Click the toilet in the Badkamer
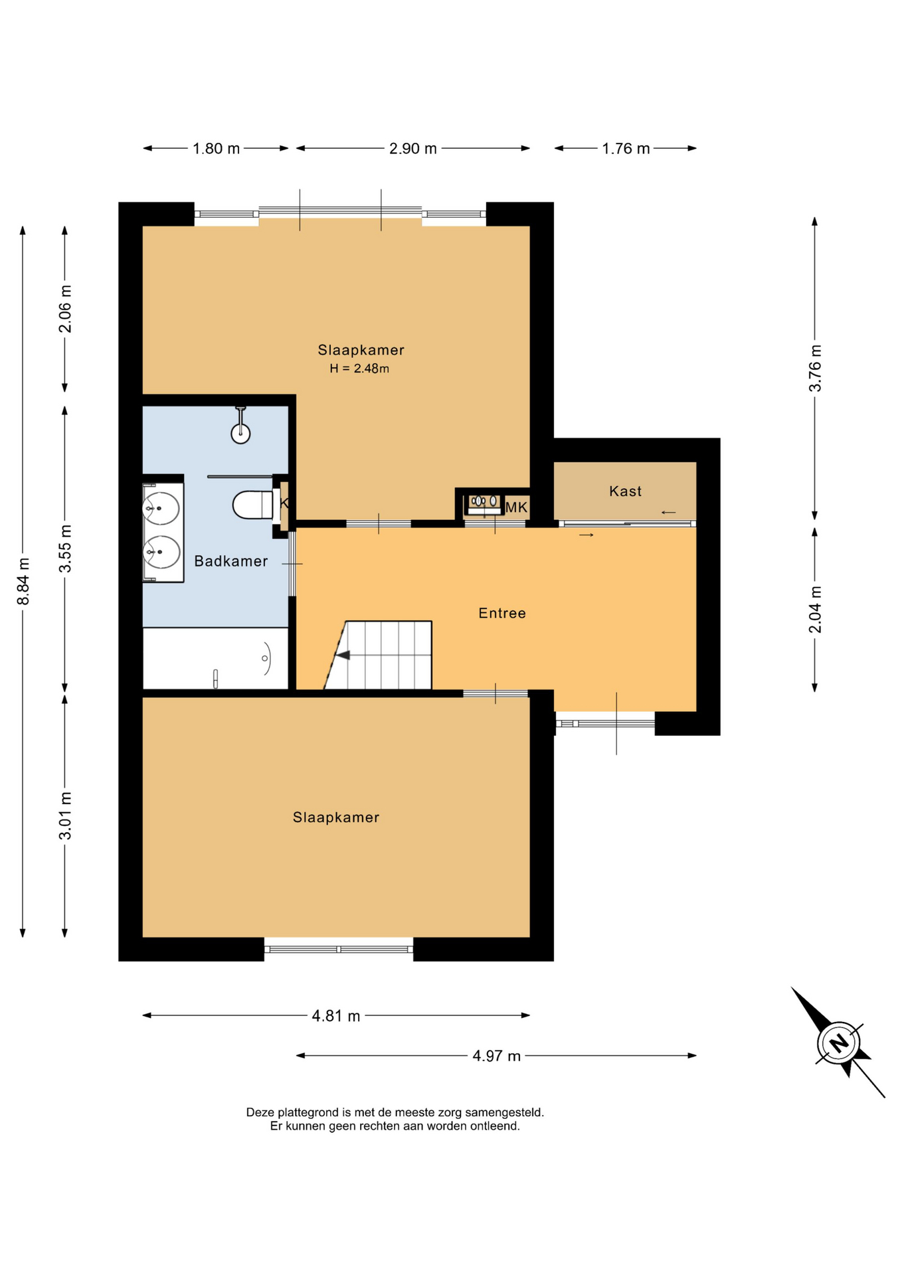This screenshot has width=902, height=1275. pyautogui.click(x=252, y=505)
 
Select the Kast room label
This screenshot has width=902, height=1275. pyautogui.click(x=625, y=491)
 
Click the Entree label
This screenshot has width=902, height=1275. pyautogui.click(x=502, y=613)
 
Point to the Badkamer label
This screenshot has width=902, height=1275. pyautogui.click(x=231, y=561)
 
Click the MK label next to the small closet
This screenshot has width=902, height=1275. pyautogui.click(x=516, y=507)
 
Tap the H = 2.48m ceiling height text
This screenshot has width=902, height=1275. pyautogui.click(x=359, y=369)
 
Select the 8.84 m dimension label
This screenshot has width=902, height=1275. pyautogui.click(x=23, y=582)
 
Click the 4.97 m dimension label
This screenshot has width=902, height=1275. pyautogui.click(x=496, y=1055)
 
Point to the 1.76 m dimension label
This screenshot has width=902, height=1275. pyautogui.click(x=626, y=148)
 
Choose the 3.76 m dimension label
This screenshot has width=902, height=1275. pyautogui.click(x=815, y=369)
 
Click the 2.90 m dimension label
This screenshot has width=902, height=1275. pyautogui.click(x=413, y=148)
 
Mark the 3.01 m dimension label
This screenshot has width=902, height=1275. pyautogui.click(x=65, y=815)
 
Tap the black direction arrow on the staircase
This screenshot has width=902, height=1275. pyautogui.click(x=343, y=655)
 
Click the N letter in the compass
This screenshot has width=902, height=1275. pyautogui.click(x=840, y=1042)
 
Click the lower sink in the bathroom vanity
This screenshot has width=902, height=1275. pyautogui.click(x=161, y=552)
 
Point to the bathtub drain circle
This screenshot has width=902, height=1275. pyautogui.click(x=264, y=659)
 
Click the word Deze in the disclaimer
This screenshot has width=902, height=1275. pyautogui.click(x=259, y=1112)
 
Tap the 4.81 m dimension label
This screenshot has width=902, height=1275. pyautogui.click(x=336, y=1015)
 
